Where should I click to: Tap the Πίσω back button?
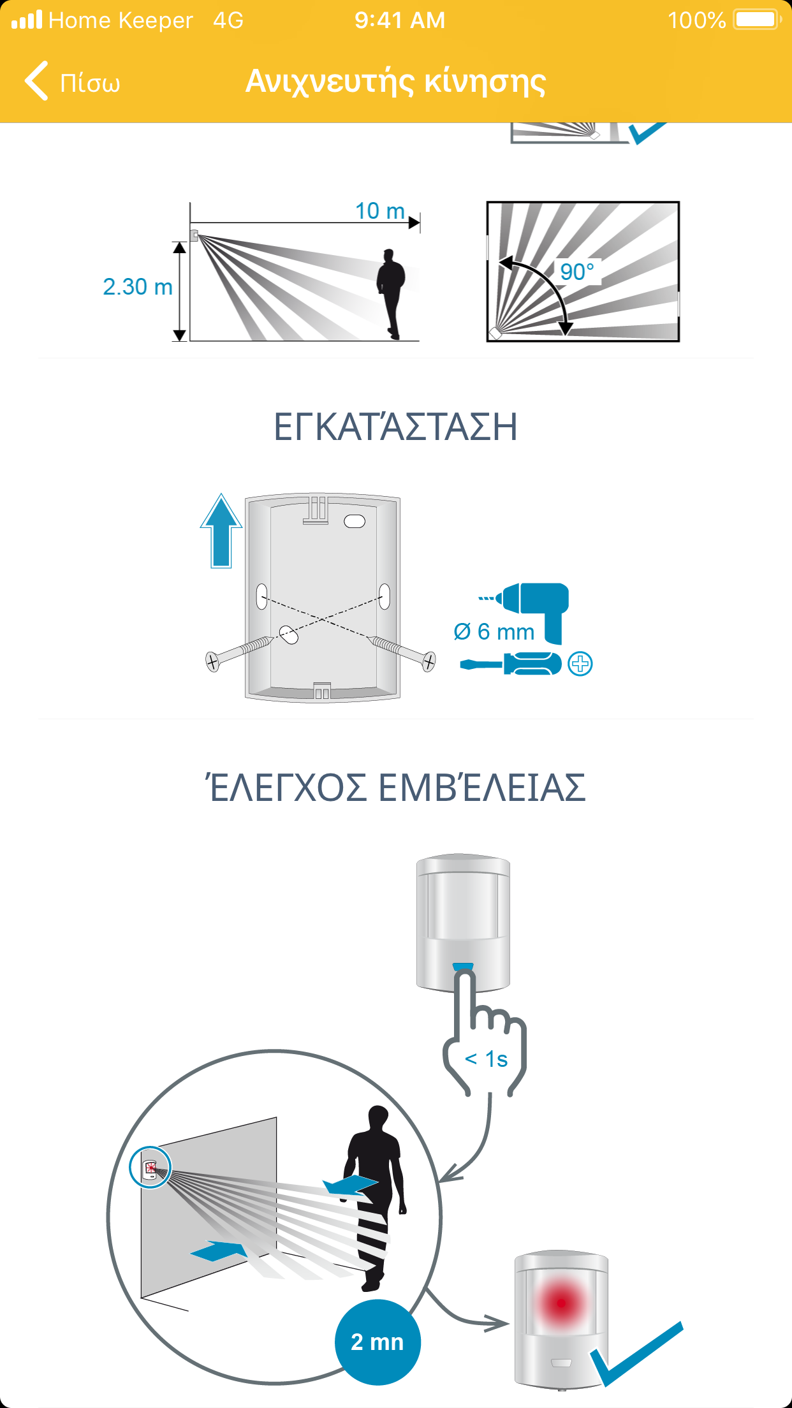72,82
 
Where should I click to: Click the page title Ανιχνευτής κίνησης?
395,82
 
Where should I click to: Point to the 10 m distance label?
380,210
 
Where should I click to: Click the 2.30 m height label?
138,287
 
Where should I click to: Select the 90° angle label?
577,272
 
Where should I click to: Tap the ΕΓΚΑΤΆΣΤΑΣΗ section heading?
395,427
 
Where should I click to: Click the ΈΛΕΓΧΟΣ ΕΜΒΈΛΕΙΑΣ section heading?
395,787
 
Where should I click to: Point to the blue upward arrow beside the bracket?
221,531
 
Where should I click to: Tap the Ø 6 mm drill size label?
494,632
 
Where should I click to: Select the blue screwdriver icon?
511,664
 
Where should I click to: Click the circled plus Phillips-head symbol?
580,664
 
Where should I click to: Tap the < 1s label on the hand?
487,1059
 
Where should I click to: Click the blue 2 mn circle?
378,1342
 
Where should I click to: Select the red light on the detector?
561,1303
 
